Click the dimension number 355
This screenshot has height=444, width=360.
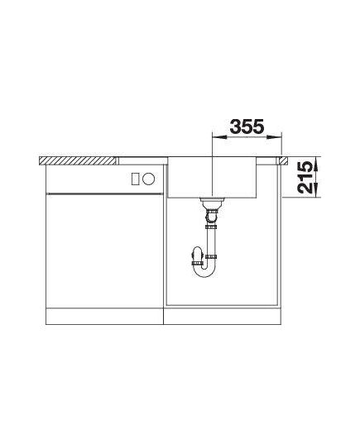pos(247,127)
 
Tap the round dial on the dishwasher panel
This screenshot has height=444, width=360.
pos(148,179)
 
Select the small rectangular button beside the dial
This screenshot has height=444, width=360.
pos(136,179)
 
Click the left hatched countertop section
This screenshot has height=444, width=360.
pos(77,160)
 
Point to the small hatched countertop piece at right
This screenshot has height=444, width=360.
pos(284,160)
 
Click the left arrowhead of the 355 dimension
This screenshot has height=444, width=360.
pos(219,137)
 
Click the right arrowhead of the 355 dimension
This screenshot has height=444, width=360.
pos(274,137)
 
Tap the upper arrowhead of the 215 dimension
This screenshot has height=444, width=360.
pos(316,164)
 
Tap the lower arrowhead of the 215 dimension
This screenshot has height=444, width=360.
pos(316,189)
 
